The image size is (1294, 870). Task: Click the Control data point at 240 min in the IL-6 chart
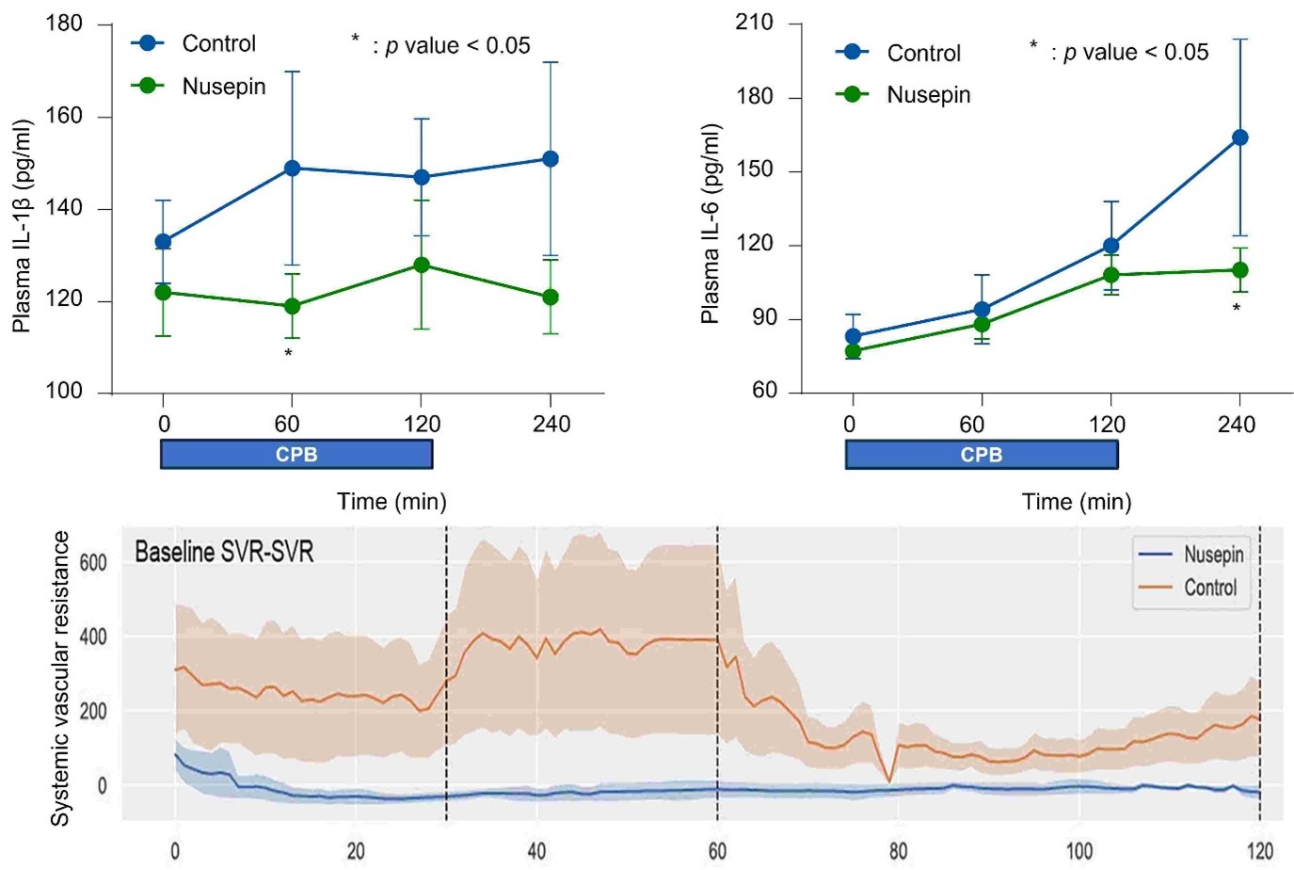(1240, 137)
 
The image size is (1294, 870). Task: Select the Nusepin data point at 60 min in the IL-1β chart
(292, 306)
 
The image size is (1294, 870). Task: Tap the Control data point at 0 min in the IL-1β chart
(163, 242)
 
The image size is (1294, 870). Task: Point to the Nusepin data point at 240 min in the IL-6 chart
(1240, 270)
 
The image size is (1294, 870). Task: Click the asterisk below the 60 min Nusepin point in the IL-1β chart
(289, 354)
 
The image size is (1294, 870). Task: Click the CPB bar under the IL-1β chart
(296, 455)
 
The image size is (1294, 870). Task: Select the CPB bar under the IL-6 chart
(982, 455)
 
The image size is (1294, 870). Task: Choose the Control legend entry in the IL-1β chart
(218, 43)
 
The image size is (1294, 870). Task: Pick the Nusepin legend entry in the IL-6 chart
(928, 95)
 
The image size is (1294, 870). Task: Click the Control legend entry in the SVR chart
(1209, 588)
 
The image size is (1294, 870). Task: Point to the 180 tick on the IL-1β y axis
(64, 24)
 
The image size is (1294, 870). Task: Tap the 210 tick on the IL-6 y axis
(754, 23)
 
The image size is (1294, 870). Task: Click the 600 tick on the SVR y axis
(93, 563)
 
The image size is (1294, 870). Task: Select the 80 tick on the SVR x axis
(898, 851)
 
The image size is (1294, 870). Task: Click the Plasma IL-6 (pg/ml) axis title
(711, 224)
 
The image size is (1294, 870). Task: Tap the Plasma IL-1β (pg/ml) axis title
(23, 226)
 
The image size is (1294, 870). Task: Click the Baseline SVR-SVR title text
(224, 552)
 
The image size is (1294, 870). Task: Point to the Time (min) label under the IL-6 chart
(1077, 502)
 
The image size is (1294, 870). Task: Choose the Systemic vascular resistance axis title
(60, 678)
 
